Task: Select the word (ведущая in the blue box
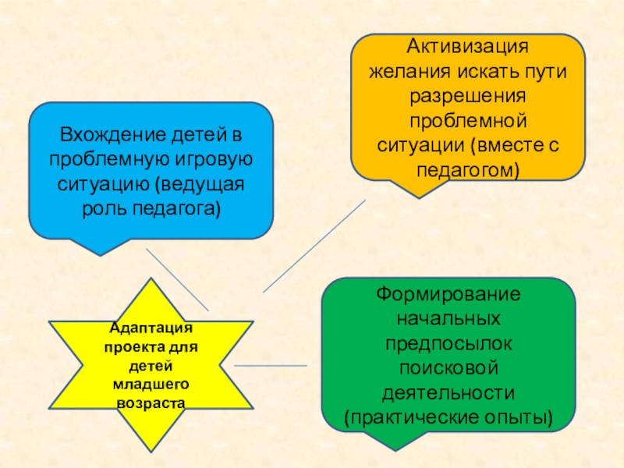click(201, 186)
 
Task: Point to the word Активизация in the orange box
click(466, 47)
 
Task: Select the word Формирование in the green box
click(448, 296)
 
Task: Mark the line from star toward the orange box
click(312, 246)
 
